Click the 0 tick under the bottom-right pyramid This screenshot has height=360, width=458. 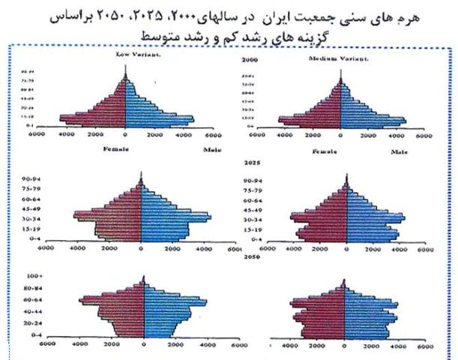click(x=344, y=347)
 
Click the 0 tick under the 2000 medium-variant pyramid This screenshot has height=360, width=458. click(x=341, y=137)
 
